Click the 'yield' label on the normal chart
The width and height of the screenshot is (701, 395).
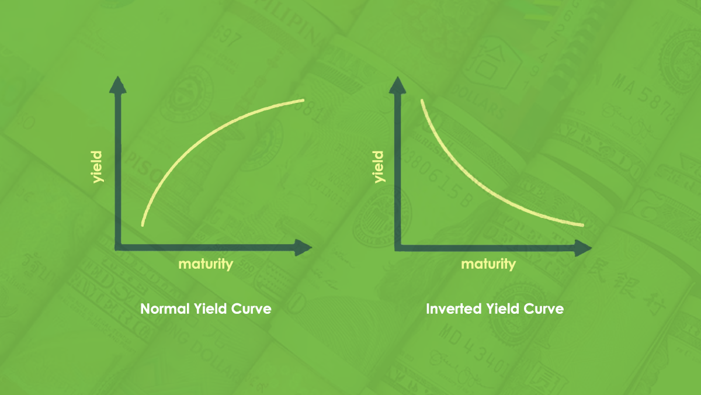(x=97, y=167)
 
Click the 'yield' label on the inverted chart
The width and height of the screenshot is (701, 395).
(x=379, y=167)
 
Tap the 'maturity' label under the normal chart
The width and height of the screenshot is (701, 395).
(x=206, y=264)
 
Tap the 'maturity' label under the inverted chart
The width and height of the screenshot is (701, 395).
(x=488, y=264)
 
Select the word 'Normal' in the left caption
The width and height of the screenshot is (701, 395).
(x=165, y=309)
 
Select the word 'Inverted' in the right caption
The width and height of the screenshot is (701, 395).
(x=453, y=309)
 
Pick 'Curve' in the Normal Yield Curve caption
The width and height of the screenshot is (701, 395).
(x=251, y=309)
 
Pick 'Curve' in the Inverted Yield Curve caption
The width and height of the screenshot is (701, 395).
(x=544, y=309)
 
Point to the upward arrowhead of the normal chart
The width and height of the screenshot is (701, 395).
(x=117, y=85)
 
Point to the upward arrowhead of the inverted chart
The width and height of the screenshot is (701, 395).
(x=397, y=85)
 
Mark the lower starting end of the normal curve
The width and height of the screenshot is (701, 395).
(x=143, y=224)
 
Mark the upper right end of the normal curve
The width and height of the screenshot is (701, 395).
(x=303, y=101)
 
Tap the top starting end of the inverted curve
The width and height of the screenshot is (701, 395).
(x=422, y=101)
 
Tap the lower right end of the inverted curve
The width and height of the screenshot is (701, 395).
(x=582, y=225)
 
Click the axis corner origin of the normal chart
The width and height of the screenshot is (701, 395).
(x=118, y=248)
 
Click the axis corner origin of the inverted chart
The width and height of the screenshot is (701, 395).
(x=398, y=248)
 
